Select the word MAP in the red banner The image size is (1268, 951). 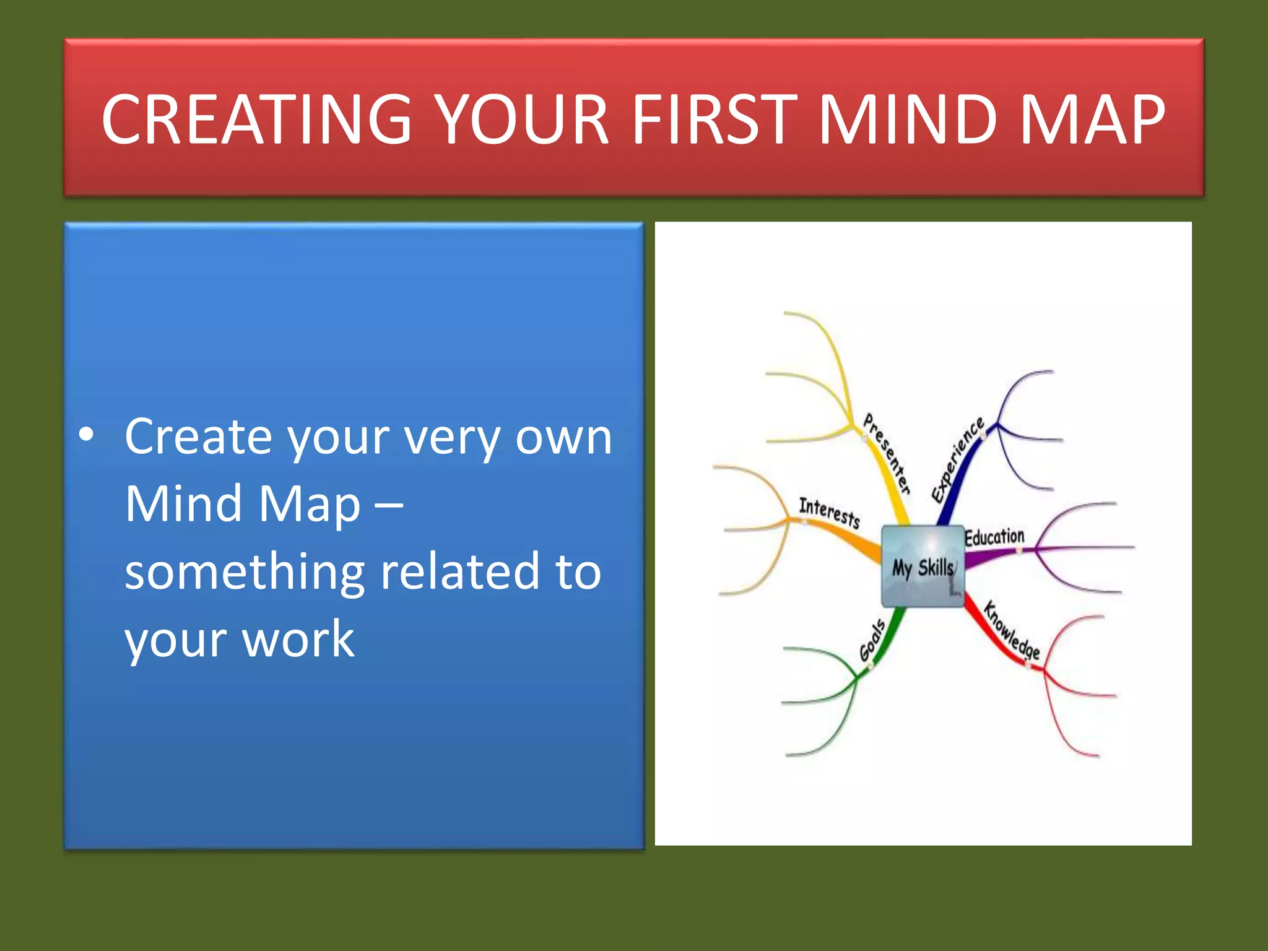pos(1092,119)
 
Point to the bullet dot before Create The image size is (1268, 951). pos(87,436)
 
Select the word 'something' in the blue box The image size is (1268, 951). pos(245,572)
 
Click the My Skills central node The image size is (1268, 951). pos(923,567)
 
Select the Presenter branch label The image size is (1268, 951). pos(887,454)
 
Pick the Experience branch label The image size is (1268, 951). pos(957,459)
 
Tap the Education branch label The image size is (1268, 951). pos(994,537)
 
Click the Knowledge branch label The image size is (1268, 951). pos(1012,630)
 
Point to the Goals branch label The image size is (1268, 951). pos(872,641)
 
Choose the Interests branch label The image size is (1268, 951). pos(829,513)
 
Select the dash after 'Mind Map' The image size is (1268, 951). pos(389,505)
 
